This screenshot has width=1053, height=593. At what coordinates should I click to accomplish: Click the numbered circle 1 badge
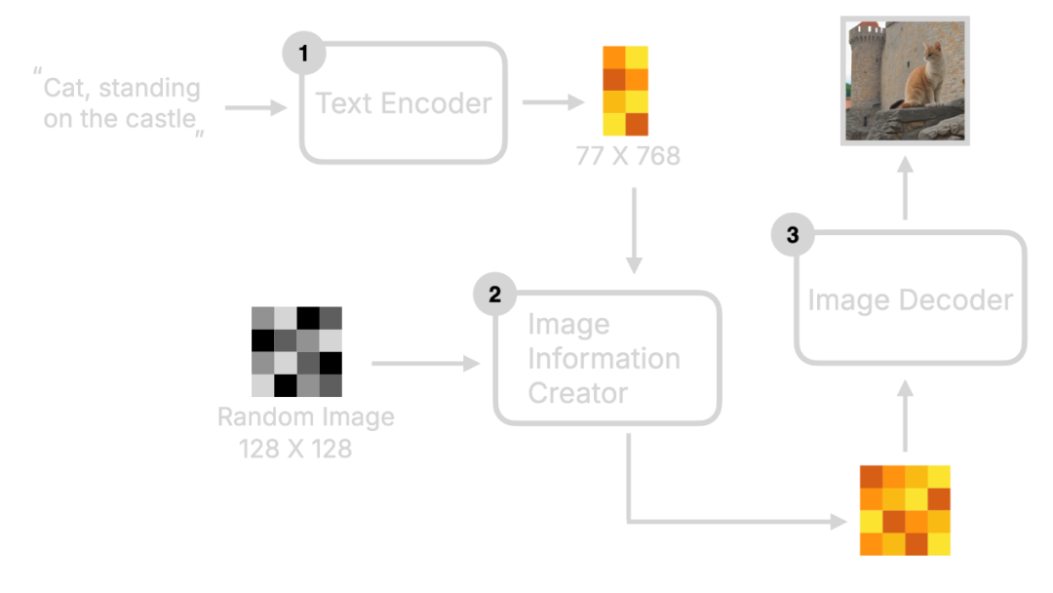[304, 55]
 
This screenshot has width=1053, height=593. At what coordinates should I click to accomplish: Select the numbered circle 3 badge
[792, 234]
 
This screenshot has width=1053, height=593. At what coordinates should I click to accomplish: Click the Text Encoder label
[404, 103]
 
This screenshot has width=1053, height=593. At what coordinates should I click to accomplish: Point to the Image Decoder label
[910, 299]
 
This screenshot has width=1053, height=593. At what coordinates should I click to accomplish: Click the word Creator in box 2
[578, 393]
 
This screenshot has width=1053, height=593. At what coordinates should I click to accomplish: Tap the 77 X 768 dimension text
[627, 156]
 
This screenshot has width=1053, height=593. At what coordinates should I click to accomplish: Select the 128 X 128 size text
[295, 450]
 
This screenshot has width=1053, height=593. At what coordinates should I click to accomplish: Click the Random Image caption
[306, 418]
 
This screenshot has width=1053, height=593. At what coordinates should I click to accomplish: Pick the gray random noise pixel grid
[296, 352]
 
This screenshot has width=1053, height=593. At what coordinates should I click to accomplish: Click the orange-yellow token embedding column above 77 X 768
[625, 91]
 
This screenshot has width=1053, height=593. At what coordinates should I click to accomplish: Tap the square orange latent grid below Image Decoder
[904, 510]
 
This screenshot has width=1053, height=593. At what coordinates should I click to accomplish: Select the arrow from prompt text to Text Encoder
[256, 108]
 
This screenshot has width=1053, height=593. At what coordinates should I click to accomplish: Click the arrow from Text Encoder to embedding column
[552, 101]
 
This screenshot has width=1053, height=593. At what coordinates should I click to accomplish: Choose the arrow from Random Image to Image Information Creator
[426, 364]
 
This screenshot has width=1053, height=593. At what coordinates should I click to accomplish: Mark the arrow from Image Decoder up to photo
[905, 189]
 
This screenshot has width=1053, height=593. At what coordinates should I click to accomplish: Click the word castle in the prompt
[162, 121]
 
